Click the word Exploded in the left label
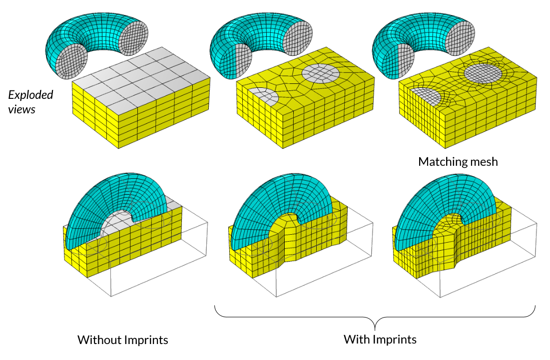pyautogui.click(x=30, y=94)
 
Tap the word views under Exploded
pyautogui.click(x=22, y=108)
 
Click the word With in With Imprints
pyautogui.click(x=356, y=340)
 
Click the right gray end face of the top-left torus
pyautogui.click(x=132, y=38)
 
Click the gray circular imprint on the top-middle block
pyautogui.click(x=321, y=73)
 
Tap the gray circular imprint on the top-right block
pyautogui.click(x=483, y=73)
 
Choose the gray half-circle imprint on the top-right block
pyautogui.click(x=425, y=94)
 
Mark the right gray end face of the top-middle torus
pyautogui.click(x=296, y=38)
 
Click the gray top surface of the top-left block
pyautogui.click(x=140, y=75)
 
